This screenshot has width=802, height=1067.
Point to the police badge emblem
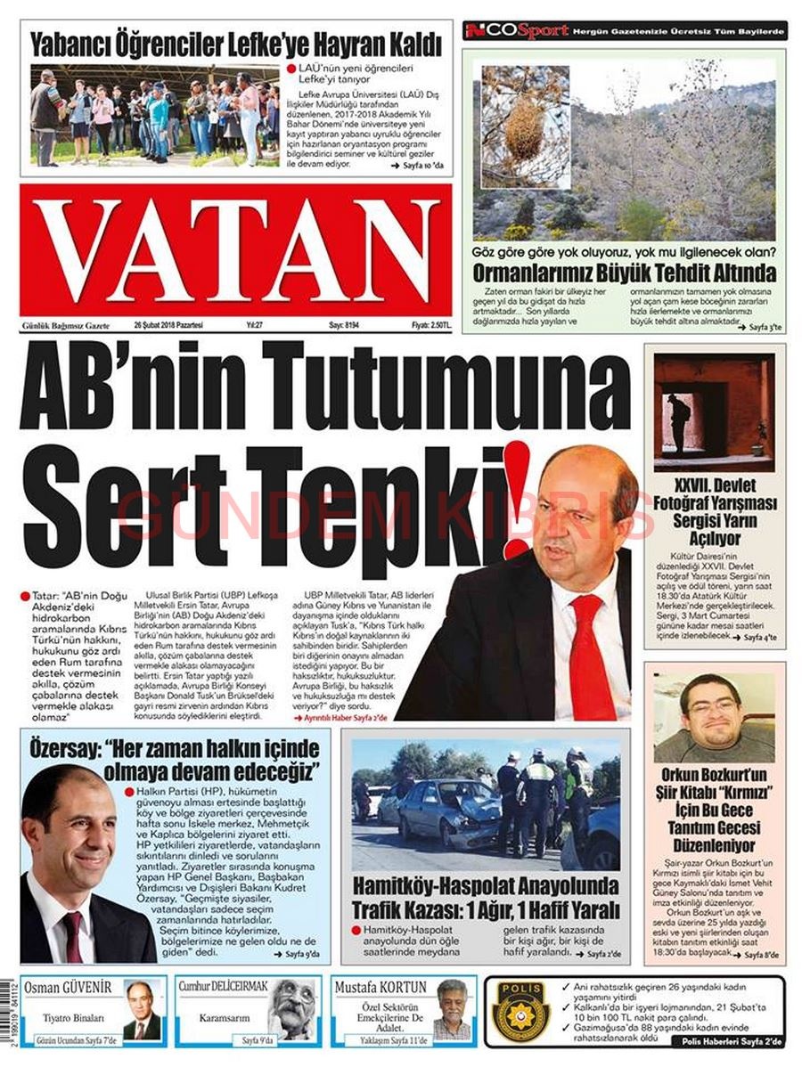[x=522, y=1011]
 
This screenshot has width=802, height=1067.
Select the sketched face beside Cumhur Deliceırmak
[x=293, y=1009]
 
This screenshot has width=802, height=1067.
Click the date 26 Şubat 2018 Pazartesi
[x=169, y=325]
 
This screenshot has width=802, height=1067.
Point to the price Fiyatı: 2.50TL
[x=431, y=325]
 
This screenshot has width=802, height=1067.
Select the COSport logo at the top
[x=517, y=31]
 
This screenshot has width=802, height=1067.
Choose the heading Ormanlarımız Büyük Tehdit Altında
[x=624, y=273]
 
